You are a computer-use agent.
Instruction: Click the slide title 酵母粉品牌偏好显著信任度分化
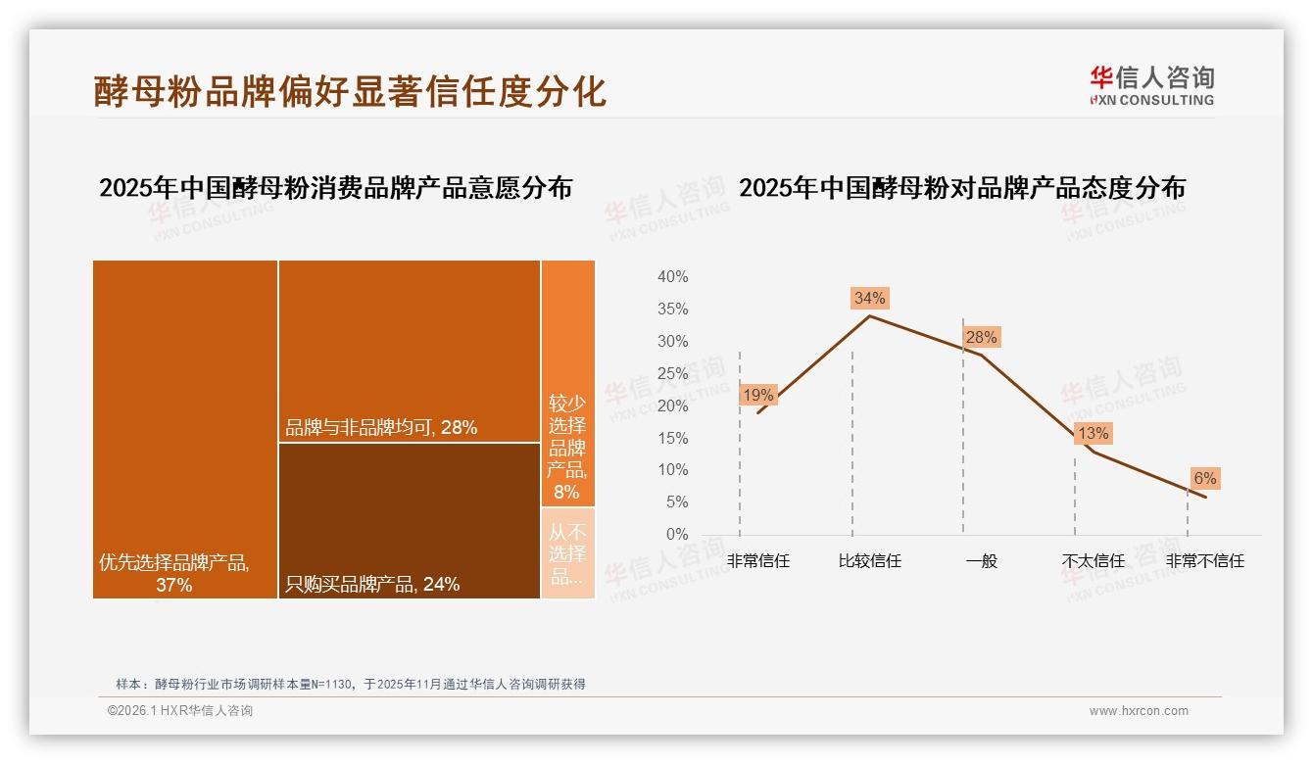350,91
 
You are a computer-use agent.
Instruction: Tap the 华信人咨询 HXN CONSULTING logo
1151,86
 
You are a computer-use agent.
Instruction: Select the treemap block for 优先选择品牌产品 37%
185,428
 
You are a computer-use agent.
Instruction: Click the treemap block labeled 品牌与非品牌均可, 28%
409,351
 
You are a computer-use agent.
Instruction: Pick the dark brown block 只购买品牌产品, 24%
409,519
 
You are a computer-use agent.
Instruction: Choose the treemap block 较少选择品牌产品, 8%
567,383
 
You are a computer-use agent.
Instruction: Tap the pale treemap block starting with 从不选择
567,553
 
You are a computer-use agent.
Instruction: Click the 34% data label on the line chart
869,298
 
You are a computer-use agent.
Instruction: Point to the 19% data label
758,395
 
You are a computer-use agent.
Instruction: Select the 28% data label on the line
981,337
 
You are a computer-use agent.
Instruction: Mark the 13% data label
1093,433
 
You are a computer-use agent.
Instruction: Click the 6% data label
1204,478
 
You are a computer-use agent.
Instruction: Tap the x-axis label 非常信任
758,561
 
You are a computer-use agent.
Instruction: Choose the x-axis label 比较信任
869,561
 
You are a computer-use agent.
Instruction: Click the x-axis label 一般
981,561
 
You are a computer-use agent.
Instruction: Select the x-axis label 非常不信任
1204,561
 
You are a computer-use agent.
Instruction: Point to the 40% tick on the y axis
672,277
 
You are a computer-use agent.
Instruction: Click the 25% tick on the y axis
672,373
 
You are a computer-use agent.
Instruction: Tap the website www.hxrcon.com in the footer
1139,711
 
